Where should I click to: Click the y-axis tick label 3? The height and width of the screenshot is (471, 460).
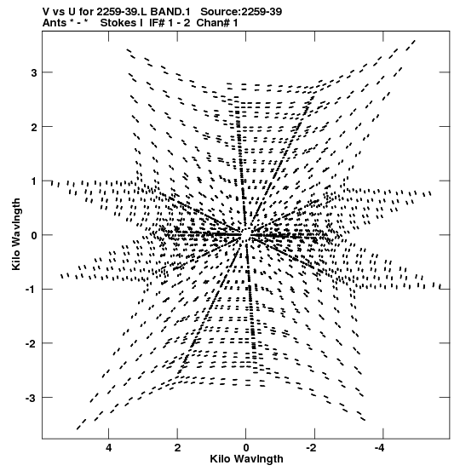point(34,72)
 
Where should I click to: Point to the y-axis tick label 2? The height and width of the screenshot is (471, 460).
point(34,127)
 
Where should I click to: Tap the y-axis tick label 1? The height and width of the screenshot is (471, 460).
point(34,181)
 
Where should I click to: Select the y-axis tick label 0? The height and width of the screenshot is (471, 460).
point(34,235)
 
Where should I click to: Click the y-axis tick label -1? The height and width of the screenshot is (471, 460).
point(32,290)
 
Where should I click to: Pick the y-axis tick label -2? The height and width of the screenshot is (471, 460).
point(32,343)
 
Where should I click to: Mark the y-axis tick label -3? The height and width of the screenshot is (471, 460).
point(32,399)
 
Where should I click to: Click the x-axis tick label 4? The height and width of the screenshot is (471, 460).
point(108,448)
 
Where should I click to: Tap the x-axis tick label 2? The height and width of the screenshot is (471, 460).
point(177,448)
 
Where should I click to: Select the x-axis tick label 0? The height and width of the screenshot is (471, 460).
point(246,448)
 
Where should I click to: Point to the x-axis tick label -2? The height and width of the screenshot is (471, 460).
point(312,448)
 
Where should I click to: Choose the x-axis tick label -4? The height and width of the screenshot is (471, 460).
point(381,448)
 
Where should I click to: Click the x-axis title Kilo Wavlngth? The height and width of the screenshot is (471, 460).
point(246,459)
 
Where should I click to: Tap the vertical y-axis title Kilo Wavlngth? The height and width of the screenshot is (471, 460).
point(16,234)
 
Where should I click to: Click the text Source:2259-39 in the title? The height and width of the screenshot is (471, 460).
point(241,12)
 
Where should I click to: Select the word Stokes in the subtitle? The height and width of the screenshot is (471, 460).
point(118,23)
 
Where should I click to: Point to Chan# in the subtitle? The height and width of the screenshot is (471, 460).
point(213,23)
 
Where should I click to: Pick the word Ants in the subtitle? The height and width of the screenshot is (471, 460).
point(55,23)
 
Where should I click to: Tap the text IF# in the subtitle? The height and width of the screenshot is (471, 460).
point(157,23)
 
